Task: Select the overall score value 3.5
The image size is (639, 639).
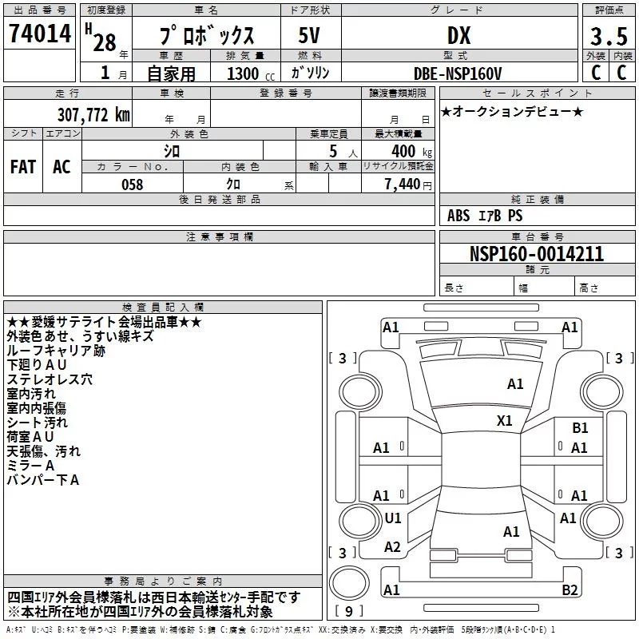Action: click(608, 37)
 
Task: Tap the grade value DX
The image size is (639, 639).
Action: click(458, 35)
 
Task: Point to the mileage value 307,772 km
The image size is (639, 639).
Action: click(93, 114)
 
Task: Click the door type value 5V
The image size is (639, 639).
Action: click(311, 35)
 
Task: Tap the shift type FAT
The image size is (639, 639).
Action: click(22, 166)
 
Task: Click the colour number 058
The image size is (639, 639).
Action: click(132, 185)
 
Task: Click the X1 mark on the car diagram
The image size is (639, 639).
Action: click(505, 421)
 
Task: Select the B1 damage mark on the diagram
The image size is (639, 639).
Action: click(580, 428)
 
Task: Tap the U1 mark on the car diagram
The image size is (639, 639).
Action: click(393, 518)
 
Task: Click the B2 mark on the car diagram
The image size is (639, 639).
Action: click(570, 590)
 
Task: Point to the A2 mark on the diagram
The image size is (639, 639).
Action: click(392, 547)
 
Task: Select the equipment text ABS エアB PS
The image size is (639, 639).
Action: click(485, 216)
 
